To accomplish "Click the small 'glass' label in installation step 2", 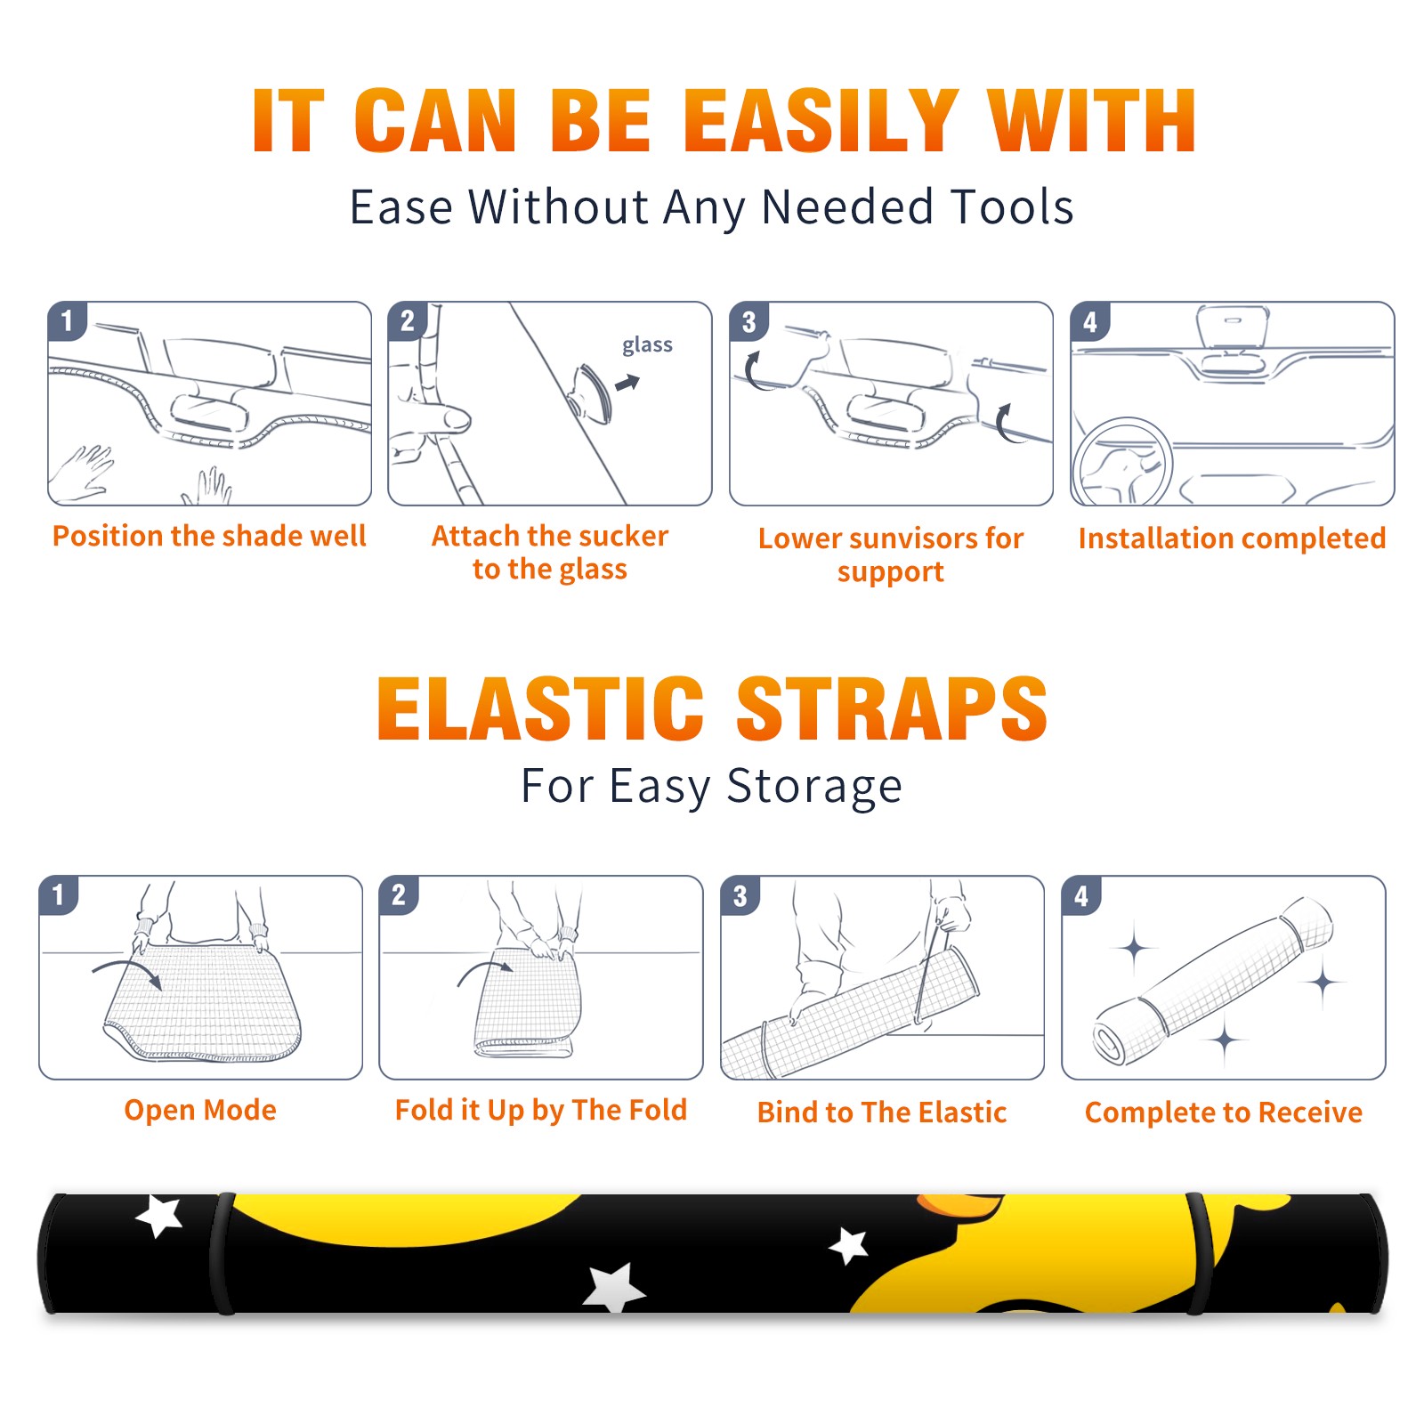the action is click(647, 344).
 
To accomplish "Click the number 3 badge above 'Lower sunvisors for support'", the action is click(749, 321).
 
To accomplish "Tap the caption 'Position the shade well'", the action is click(209, 536).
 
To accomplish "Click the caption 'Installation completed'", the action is click(1232, 538).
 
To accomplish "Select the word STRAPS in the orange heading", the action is click(892, 708).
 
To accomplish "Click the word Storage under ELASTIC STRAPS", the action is click(814, 787).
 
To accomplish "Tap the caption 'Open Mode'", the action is click(200, 1110).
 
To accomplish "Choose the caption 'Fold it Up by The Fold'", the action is click(541, 1110).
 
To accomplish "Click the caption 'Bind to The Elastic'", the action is click(882, 1112).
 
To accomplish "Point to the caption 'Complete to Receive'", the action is click(1224, 1112).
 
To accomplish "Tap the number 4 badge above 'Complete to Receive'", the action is click(1081, 895).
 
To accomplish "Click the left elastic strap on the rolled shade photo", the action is click(222, 1253).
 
